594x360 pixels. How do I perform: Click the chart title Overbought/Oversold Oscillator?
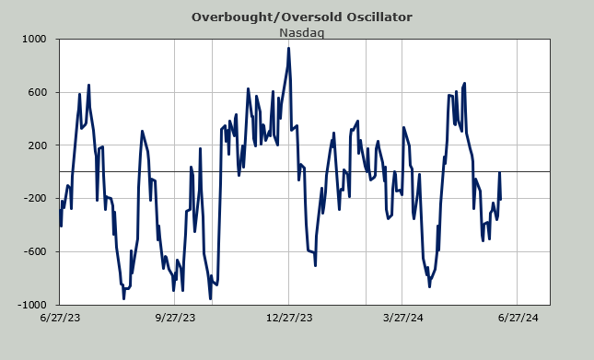[x=301, y=17]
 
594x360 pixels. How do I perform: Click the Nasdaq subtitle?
[x=301, y=33]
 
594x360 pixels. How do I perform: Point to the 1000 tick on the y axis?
[x=34, y=39]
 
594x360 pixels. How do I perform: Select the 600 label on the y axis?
[x=37, y=92]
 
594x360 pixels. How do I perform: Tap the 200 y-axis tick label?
[x=37, y=145]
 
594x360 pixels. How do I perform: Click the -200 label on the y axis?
[x=36, y=198]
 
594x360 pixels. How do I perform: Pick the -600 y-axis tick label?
[x=36, y=251]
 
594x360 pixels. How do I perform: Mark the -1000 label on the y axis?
[x=32, y=305]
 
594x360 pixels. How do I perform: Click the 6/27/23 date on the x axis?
[x=60, y=318]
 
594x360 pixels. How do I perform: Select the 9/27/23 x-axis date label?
[x=175, y=318]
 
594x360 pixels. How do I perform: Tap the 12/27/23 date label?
[x=289, y=318]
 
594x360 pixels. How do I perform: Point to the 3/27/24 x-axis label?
[x=403, y=318]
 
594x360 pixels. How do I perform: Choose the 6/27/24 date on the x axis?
[x=518, y=318]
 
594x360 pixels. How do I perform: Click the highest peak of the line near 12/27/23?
[x=288, y=48]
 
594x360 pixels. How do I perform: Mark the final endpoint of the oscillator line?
[x=500, y=199]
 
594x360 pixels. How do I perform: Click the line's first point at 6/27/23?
[x=60, y=209]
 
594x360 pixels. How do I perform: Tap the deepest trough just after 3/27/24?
[x=429, y=286]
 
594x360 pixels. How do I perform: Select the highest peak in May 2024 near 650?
[x=464, y=83]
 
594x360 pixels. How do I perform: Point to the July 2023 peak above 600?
[x=88, y=86]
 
